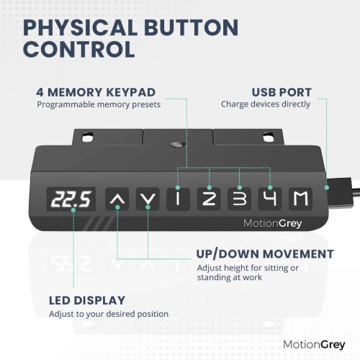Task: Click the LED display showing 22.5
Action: pos(71,199)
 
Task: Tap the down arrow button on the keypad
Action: pos(148,199)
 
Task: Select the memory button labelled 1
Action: pos(178,199)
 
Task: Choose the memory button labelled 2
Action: pos(209,199)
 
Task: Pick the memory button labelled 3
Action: pos(239,199)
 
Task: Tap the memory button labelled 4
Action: pos(270,199)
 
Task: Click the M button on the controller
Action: pos(300,199)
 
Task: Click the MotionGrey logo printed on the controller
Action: pos(272,223)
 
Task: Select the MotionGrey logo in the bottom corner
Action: pos(314,345)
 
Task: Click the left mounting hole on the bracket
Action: pos(87,138)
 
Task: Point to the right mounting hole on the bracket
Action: pos(268,138)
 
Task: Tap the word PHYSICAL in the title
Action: pos(80,27)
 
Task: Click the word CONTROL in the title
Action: pos(79,49)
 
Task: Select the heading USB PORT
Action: pos(282,92)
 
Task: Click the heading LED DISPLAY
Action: pos(87,300)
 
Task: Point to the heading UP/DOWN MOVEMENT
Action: pos(265,254)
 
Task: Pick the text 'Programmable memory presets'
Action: pos(99,104)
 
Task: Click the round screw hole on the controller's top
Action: pos(177,144)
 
